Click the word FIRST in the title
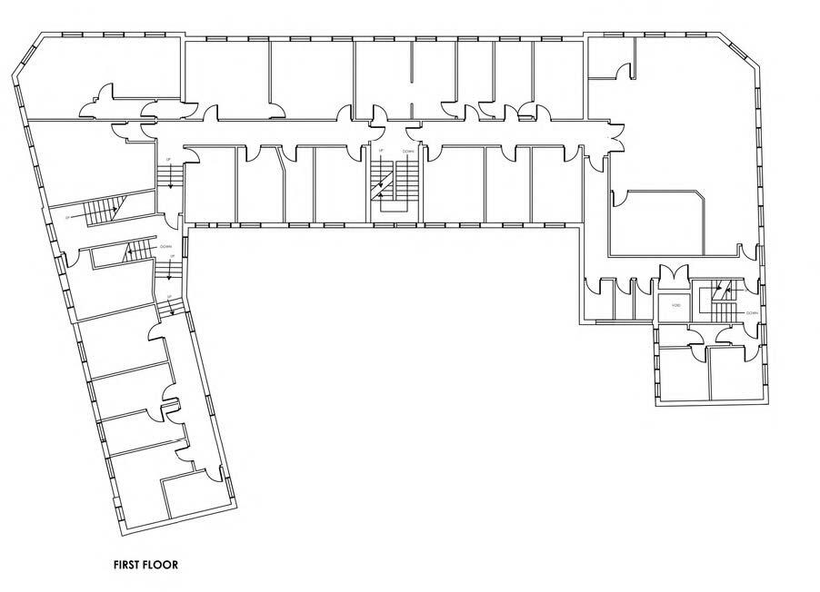click(x=125, y=565)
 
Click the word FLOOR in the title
click(x=161, y=565)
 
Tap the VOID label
click(x=675, y=306)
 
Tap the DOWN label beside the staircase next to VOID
click(x=752, y=312)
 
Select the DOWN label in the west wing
click(x=165, y=246)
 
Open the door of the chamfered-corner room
click(x=617, y=197)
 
